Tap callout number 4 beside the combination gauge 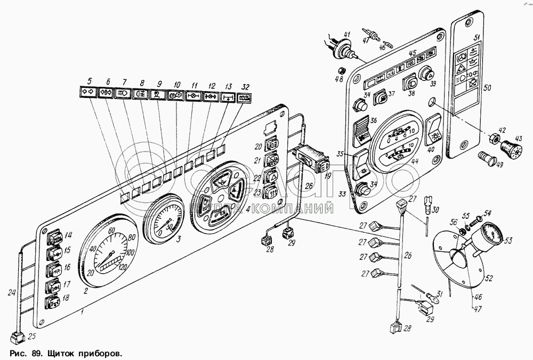(248, 208)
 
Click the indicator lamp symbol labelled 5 (86, 91)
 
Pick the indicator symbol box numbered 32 (244, 99)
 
